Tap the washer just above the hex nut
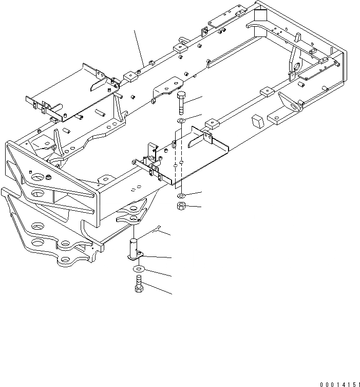(183, 196)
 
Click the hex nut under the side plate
(182, 206)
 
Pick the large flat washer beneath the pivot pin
(138, 269)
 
